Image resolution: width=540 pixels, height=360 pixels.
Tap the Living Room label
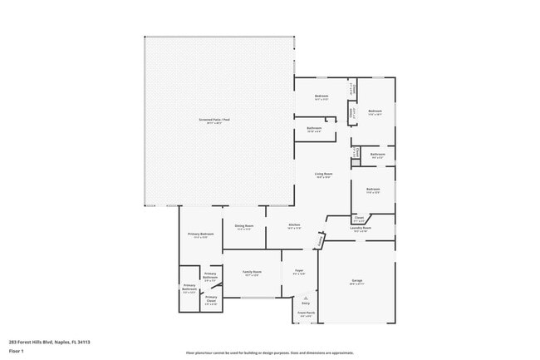(x=323, y=173)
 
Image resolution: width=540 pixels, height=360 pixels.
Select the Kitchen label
(x=294, y=225)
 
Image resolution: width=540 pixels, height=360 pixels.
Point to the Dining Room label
(x=243, y=225)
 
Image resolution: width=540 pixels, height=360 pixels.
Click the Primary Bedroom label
(x=201, y=234)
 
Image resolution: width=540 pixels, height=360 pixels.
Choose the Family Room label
(x=252, y=272)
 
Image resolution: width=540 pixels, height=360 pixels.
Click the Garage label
(x=356, y=281)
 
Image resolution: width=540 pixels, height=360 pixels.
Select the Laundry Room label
(x=360, y=228)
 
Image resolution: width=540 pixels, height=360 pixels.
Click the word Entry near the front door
(x=306, y=304)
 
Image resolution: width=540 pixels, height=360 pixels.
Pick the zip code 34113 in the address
(x=83, y=342)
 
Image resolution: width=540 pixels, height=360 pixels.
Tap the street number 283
(x=12, y=342)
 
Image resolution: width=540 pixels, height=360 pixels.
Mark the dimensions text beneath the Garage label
(x=356, y=285)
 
